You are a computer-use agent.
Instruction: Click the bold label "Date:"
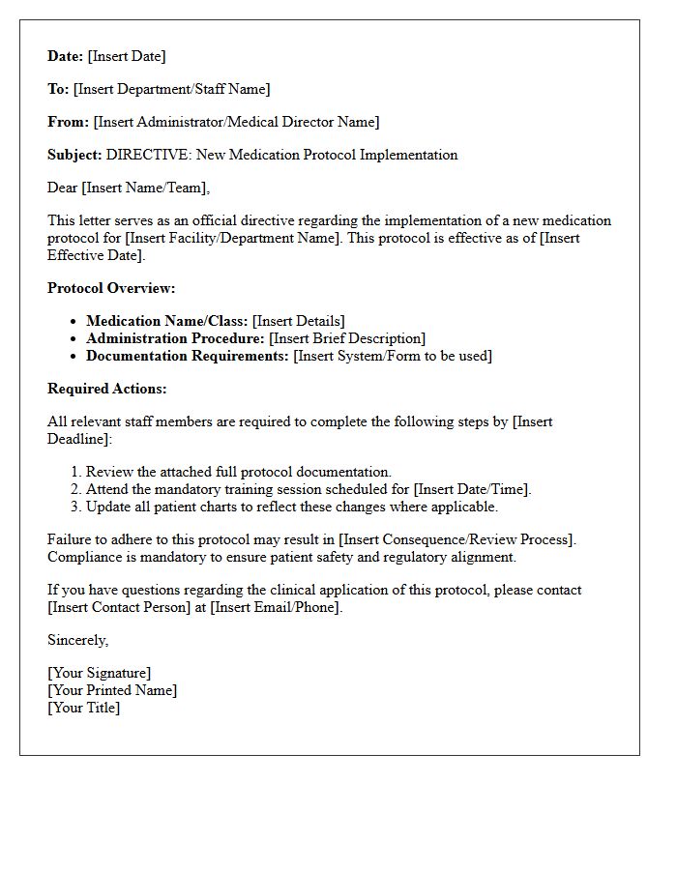pyautogui.click(x=66, y=56)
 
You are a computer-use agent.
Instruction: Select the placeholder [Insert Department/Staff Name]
pyautogui.click(x=171, y=89)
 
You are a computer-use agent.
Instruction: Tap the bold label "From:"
pyautogui.click(x=68, y=122)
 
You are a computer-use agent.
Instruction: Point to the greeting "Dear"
pyautogui.click(x=63, y=188)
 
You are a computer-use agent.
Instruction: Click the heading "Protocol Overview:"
pyautogui.click(x=111, y=288)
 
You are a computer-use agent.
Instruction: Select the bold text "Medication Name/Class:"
pyautogui.click(x=167, y=321)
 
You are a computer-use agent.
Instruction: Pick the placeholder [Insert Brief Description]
pyautogui.click(x=346, y=338)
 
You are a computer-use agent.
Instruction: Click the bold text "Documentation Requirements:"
pyautogui.click(x=188, y=356)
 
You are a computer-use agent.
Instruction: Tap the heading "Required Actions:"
pyautogui.click(x=107, y=389)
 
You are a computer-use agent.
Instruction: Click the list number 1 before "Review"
pyautogui.click(x=75, y=472)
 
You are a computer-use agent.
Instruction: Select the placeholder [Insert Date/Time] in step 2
pyautogui.click(x=472, y=489)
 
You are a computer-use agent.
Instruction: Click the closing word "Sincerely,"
pyautogui.click(x=78, y=640)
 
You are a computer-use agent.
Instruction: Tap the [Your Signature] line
pyautogui.click(x=100, y=673)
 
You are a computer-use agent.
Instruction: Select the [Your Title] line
pyautogui.click(x=84, y=708)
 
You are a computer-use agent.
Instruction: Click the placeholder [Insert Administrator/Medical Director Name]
pyautogui.click(x=236, y=122)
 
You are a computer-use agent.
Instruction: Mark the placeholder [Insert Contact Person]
pyautogui.click(x=119, y=607)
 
